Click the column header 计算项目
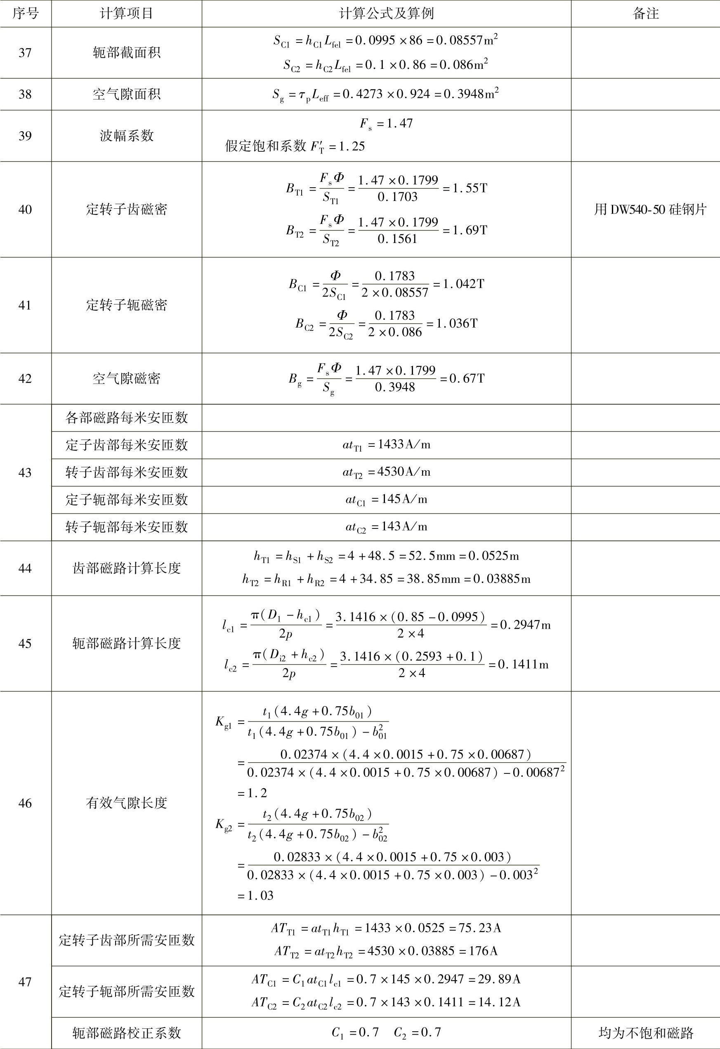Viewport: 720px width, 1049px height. click(x=126, y=14)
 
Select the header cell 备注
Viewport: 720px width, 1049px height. click(x=645, y=14)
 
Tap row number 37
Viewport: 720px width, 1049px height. click(x=25, y=53)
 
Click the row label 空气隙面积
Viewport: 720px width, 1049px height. click(x=126, y=94)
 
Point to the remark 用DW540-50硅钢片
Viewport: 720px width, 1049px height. click(x=649, y=210)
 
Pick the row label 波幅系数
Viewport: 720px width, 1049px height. click(x=126, y=136)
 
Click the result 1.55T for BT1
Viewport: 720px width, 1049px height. click(x=470, y=188)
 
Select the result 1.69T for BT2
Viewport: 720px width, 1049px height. click(x=470, y=230)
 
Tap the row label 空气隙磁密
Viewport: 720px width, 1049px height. click(x=126, y=378)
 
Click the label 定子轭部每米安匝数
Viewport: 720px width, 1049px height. click(x=126, y=500)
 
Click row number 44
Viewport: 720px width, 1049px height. click(x=25, y=568)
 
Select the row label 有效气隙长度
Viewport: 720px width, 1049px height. click(x=126, y=803)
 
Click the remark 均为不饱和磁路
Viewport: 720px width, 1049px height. click(x=645, y=1033)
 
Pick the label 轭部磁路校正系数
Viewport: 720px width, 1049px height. click(x=126, y=1033)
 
